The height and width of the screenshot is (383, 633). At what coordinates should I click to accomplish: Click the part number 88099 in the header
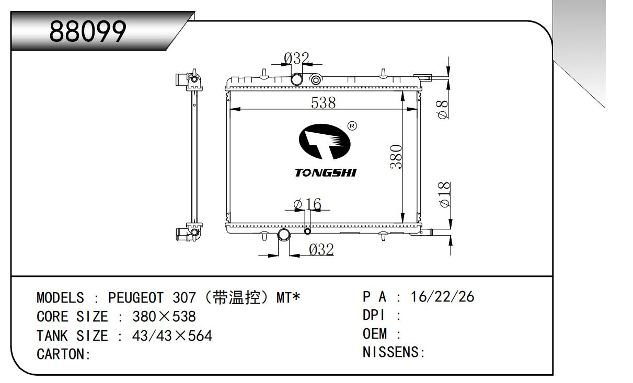88,31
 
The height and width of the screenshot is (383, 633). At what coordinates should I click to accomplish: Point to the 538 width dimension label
323,102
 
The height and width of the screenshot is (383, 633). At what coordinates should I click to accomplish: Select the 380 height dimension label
396,157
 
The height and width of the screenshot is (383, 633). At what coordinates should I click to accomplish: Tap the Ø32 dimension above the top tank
296,59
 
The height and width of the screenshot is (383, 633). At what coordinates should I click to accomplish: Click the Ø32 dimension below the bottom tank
321,250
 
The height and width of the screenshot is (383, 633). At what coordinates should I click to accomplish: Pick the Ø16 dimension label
307,204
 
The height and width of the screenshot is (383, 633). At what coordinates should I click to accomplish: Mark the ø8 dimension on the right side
443,109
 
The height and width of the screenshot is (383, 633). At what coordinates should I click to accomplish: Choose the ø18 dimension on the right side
444,194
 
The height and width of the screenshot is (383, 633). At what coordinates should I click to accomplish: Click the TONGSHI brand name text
326,172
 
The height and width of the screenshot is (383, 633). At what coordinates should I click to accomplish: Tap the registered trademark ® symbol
352,126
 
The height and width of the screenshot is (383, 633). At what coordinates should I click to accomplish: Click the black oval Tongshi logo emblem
325,142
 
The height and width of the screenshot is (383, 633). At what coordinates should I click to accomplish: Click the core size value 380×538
164,317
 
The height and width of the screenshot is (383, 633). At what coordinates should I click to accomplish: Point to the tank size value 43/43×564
172,336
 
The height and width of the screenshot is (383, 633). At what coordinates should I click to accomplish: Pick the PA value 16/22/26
442,297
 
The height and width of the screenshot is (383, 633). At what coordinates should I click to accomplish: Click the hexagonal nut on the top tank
316,80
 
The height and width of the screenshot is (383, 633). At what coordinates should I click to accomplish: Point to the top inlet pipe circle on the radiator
297,79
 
